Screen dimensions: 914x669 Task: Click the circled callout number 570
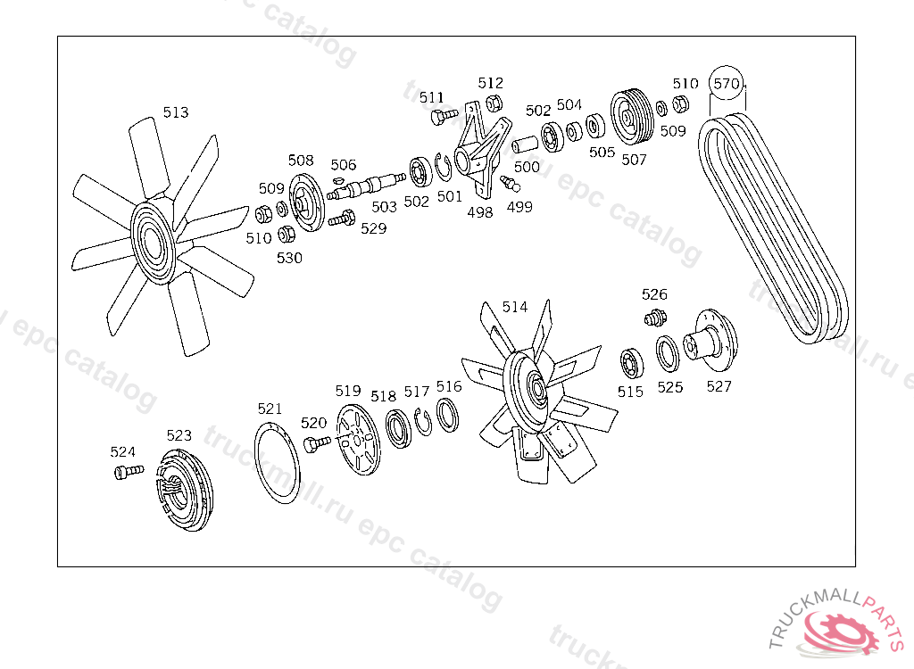(727, 83)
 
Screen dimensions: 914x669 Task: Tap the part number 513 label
(176, 111)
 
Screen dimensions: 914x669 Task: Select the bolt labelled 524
(129, 471)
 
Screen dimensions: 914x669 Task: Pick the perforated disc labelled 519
(357, 440)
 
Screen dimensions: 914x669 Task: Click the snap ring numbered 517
(424, 422)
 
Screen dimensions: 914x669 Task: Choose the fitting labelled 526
(656, 318)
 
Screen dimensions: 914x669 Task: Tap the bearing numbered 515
(632, 363)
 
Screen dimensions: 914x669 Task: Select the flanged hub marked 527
(711, 341)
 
